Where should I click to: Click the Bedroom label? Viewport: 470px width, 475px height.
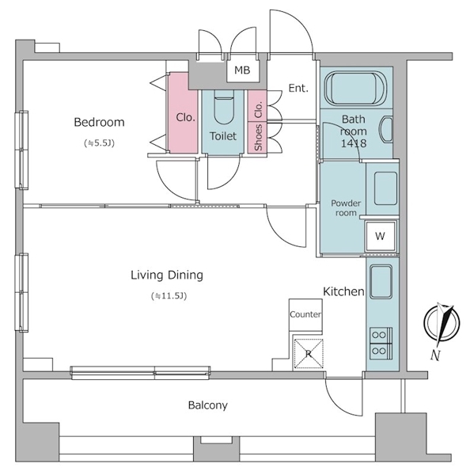tap(100, 122)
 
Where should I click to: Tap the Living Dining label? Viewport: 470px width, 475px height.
tap(167, 275)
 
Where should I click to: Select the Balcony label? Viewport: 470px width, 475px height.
tap(208, 405)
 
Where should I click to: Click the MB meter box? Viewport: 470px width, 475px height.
tap(243, 70)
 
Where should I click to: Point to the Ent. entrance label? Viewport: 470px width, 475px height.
tap(298, 88)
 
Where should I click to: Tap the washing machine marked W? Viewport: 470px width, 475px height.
tap(381, 236)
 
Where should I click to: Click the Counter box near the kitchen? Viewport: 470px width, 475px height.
tap(305, 315)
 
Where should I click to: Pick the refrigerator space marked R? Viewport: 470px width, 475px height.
tap(309, 353)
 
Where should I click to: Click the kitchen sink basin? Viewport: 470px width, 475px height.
tap(381, 281)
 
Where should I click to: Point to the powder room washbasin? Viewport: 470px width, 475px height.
tap(385, 188)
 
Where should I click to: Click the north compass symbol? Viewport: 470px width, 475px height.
tap(442, 322)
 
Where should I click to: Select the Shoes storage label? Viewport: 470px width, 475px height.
tap(258, 137)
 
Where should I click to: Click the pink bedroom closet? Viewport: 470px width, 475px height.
tap(184, 112)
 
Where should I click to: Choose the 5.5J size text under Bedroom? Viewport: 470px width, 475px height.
tap(100, 143)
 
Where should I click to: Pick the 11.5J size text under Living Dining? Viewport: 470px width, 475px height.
tap(169, 295)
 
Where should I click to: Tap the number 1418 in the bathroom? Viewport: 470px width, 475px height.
tap(354, 143)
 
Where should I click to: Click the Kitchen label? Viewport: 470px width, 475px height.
tap(343, 291)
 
